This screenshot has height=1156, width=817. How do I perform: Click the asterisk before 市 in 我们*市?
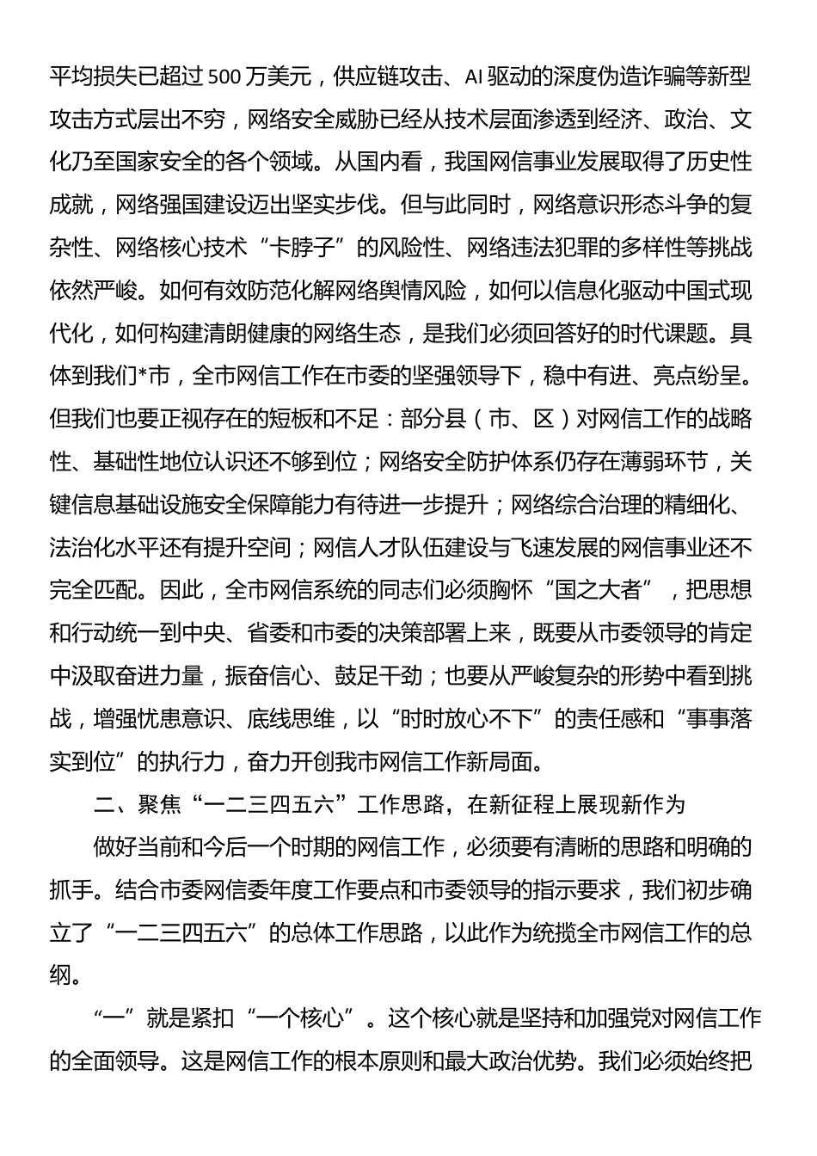143,376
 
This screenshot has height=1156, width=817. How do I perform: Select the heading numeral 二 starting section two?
103,804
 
